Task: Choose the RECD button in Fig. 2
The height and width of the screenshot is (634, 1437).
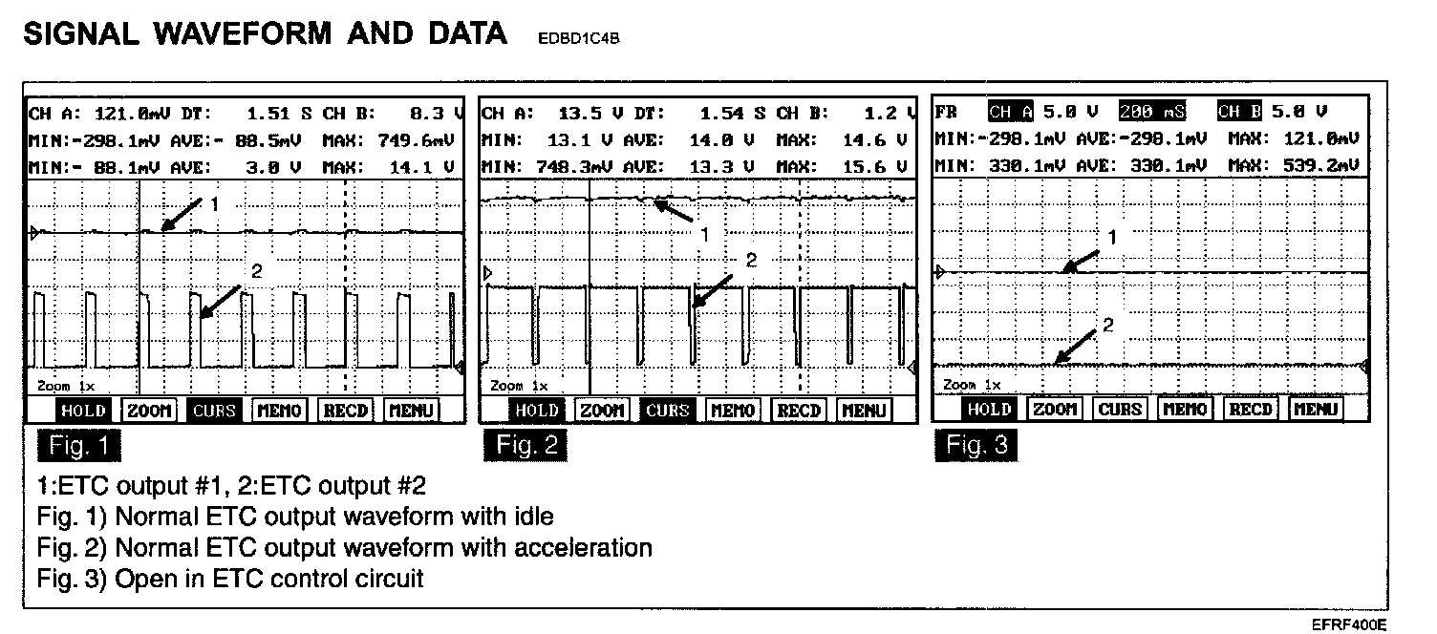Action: point(799,411)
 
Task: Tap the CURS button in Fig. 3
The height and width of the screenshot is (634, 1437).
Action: point(1120,410)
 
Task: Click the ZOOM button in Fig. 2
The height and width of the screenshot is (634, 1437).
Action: point(602,411)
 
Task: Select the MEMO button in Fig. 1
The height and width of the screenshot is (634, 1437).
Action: point(279,411)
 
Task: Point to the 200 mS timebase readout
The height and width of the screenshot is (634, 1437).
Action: point(1152,112)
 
